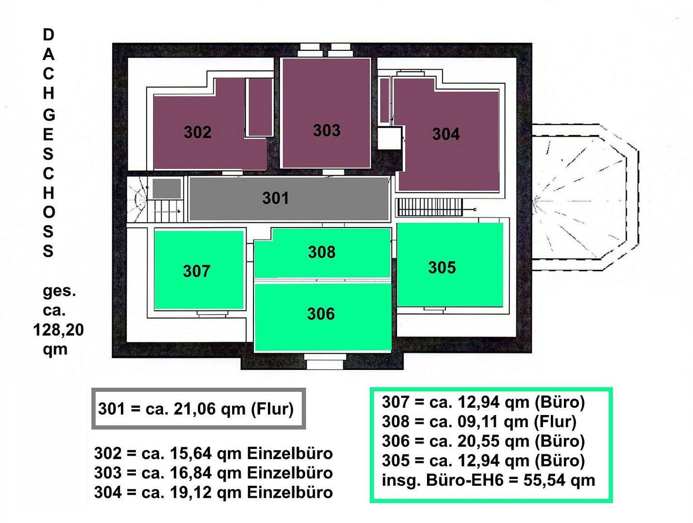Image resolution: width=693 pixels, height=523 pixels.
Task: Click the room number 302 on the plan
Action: (x=197, y=132)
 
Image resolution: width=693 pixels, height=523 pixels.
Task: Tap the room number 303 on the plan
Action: (x=326, y=130)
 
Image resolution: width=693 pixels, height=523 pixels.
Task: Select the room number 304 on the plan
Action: (x=445, y=134)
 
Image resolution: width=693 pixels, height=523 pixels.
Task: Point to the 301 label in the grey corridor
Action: (x=275, y=198)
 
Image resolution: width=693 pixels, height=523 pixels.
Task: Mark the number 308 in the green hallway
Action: (x=322, y=252)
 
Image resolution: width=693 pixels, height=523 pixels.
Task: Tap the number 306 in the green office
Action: (x=321, y=314)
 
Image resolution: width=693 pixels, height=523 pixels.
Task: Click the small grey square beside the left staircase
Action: (x=167, y=188)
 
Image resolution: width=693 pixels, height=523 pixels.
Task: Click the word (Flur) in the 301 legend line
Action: (x=272, y=409)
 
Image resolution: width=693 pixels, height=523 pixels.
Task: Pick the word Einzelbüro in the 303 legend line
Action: (x=290, y=473)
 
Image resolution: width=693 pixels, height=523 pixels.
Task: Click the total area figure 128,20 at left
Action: (x=58, y=330)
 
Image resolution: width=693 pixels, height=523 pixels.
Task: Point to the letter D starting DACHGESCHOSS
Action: (x=48, y=35)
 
